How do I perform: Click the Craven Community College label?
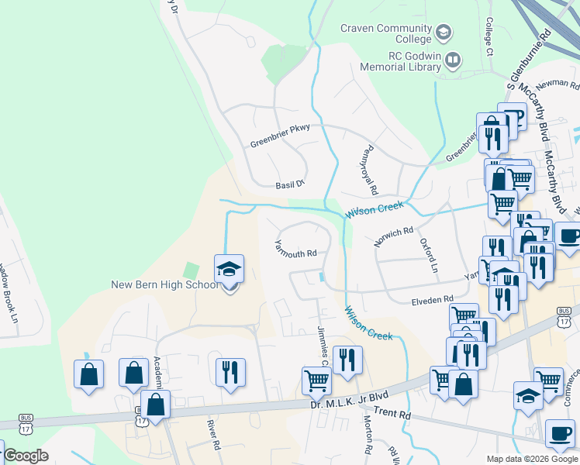click(385, 33)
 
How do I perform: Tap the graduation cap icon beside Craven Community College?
click(443, 33)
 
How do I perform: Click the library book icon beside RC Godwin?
click(453, 59)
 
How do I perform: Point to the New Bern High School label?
click(164, 284)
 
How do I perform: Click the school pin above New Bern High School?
click(229, 270)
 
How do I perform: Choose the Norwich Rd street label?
click(394, 236)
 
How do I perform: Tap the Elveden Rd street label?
click(432, 300)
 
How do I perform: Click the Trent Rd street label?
click(392, 414)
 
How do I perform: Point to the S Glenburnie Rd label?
click(528, 58)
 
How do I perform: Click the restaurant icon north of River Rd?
click(230, 373)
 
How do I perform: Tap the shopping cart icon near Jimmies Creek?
click(316, 381)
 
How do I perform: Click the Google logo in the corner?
click(26, 456)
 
